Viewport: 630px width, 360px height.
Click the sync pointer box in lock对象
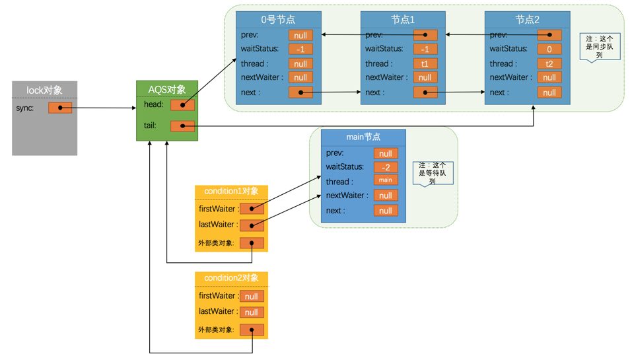tap(60, 108)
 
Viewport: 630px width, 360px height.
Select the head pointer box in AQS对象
tap(182, 105)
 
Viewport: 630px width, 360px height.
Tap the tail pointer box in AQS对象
tap(182, 126)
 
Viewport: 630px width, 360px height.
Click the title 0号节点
tap(278, 20)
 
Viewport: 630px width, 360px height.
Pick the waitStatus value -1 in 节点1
tap(425, 50)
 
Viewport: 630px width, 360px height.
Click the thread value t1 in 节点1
tap(425, 64)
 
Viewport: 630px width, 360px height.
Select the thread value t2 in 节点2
tap(549, 64)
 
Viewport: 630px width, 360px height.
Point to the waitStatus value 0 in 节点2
tap(549, 50)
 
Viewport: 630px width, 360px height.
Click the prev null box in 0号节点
tap(300, 35)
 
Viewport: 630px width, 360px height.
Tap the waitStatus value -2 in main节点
tap(385, 168)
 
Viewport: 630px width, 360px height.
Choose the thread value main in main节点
tap(385, 180)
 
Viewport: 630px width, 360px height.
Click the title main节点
tap(363, 137)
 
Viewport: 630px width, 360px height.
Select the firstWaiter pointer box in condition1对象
tap(252, 209)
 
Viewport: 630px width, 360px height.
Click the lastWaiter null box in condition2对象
tap(252, 312)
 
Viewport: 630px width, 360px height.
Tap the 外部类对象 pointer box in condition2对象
tap(252, 330)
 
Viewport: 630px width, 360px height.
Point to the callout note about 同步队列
tap(599, 46)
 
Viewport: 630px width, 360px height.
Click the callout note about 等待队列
tap(433, 172)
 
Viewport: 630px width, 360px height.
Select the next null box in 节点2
tap(549, 93)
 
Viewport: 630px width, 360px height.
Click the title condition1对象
tap(231, 192)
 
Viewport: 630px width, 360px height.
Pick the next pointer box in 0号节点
tap(300, 93)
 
